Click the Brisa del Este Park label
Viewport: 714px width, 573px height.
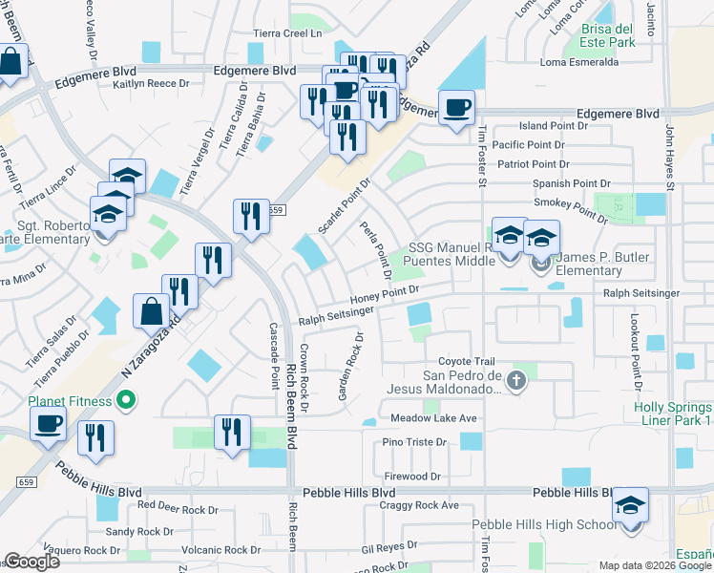point(608,35)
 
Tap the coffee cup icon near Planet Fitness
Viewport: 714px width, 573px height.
point(48,423)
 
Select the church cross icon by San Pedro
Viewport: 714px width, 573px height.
point(515,382)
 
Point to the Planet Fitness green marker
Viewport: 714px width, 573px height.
point(122,400)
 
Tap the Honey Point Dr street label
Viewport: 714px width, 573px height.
point(386,295)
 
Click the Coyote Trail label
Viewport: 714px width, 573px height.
point(467,361)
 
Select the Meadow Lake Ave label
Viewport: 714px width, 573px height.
point(433,419)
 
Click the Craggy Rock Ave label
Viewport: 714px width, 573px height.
point(419,505)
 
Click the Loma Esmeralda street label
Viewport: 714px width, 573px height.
point(580,64)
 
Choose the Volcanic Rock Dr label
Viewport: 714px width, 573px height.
point(220,550)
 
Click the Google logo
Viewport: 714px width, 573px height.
point(31,562)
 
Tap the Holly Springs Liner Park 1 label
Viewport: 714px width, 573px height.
point(674,414)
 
